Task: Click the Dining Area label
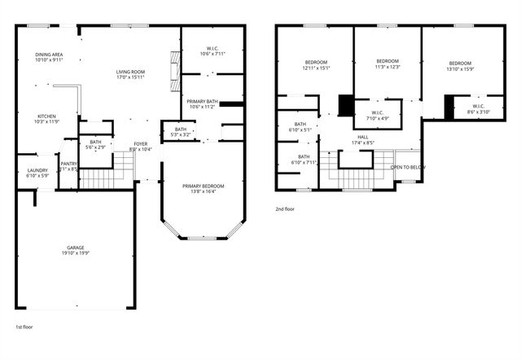50,57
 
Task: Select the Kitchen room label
46,119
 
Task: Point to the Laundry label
37,173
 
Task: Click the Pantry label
69,166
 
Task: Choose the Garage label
76,250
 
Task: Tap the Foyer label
141,147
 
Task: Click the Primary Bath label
201,103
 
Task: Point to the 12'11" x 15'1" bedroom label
316,66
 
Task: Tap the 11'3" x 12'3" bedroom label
387,64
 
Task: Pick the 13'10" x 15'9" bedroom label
460,66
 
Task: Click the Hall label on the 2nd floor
363,140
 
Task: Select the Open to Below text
407,167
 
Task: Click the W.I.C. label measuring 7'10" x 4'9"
378,116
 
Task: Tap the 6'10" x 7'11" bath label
304,160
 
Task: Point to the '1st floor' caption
25,327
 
